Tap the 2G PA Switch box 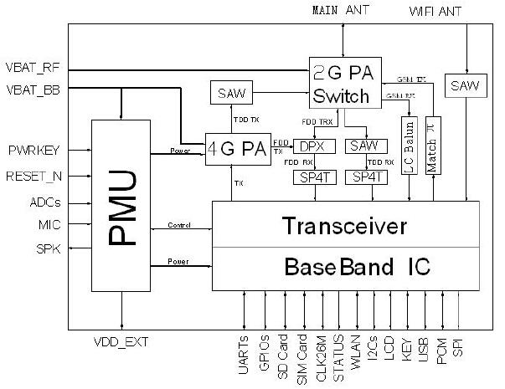pyautogui.click(x=341, y=82)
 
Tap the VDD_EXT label pyautogui.click(x=122, y=340)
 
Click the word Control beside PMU pyautogui.click(x=181, y=224)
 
